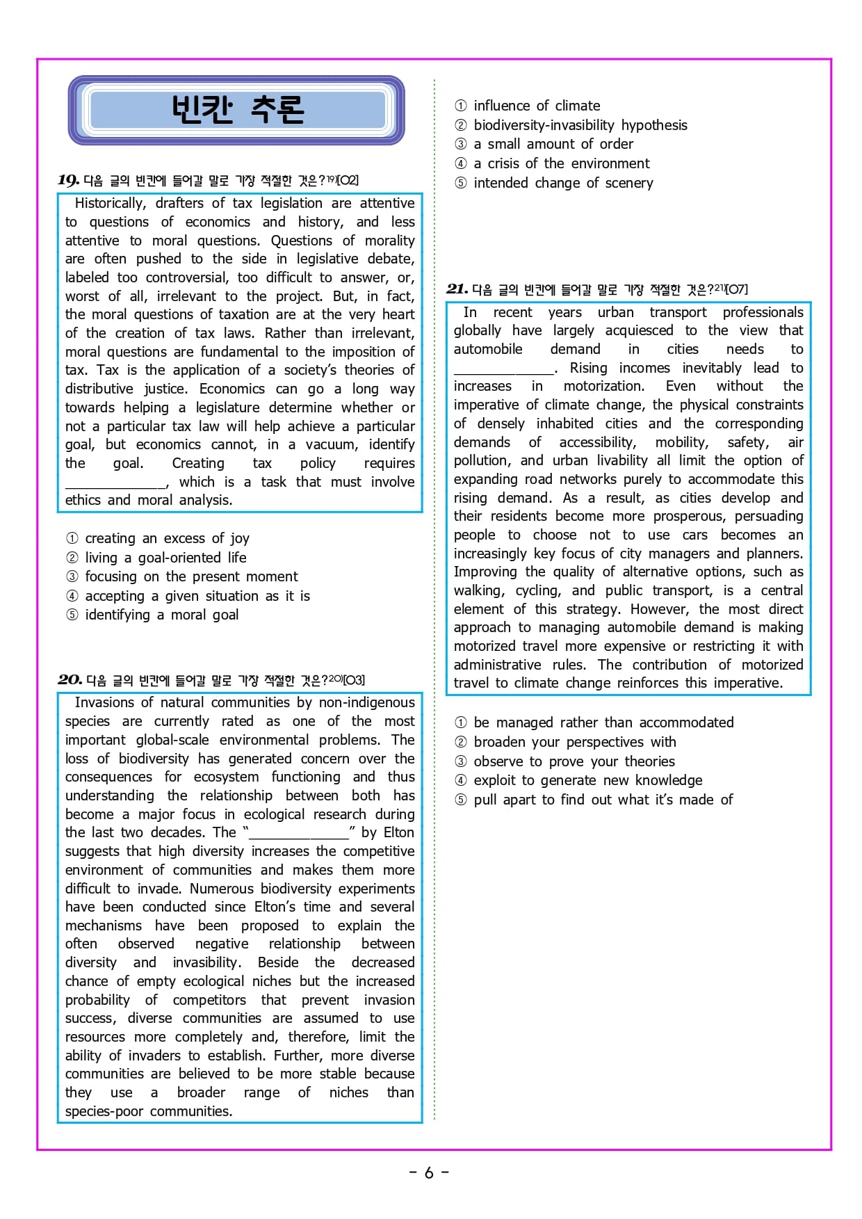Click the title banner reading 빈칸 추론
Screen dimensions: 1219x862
(236, 110)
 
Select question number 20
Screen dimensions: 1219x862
(70, 680)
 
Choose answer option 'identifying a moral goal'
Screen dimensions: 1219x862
(161, 615)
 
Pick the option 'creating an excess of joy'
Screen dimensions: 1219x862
(167, 539)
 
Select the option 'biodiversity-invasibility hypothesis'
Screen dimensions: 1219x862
(580, 126)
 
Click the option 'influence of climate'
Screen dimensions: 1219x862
(537, 106)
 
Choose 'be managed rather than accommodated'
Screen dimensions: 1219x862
(603, 723)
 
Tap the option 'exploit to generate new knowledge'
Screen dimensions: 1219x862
(587, 781)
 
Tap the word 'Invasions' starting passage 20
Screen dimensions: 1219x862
(104, 703)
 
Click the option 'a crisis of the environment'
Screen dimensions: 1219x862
(561, 164)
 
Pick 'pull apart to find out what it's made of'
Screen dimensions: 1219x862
(603, 800)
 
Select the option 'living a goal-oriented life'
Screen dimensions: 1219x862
(165, 558)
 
